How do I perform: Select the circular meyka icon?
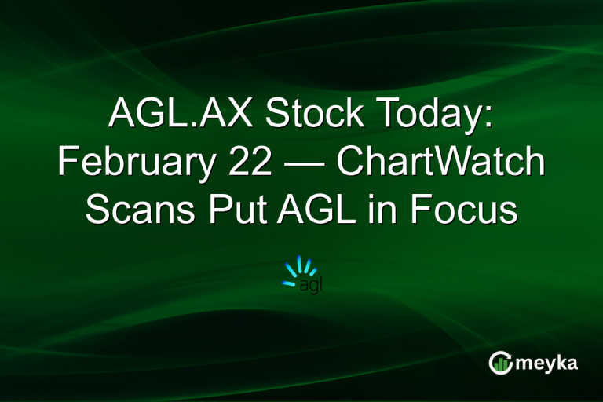tap(500, 363)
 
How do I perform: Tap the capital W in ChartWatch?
tap(455, 163)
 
